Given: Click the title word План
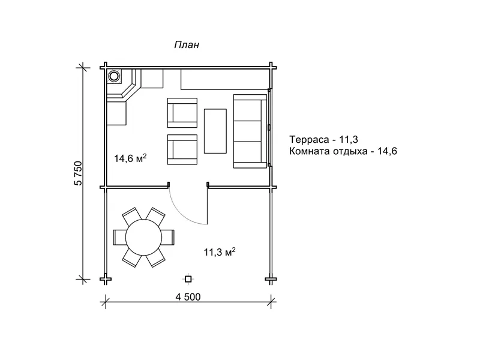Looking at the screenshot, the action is (x=187, y=44).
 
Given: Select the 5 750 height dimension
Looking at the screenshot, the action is (x=79, y=173).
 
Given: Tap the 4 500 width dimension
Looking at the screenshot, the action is (x=188, y=297).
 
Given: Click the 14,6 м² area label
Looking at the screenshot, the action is (x=130, y=158).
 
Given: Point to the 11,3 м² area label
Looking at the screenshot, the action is (x=220, y=252).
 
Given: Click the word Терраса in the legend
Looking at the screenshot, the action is (x=308, y=140).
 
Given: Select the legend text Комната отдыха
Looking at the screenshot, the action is (x=328, y=151).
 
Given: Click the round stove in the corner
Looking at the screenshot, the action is (x=114, y=76).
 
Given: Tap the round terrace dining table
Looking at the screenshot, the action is (x=143, y=237).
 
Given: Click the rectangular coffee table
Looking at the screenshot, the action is (x=215, y=131).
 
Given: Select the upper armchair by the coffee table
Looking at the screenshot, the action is (x=182, y=113).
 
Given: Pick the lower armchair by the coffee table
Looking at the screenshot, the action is (x=182, y=149).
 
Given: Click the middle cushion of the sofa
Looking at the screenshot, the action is (x=247, y=131).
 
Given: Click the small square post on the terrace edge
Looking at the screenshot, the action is (x=188, y=279).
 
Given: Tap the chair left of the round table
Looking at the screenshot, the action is (x=119, y=237).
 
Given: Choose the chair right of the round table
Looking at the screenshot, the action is (x=168, y=237).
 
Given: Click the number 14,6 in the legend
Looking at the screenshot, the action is (x=388, y=151).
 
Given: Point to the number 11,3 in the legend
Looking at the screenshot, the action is (x=349, y=140).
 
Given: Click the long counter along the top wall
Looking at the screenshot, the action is (x=225, y=80).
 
